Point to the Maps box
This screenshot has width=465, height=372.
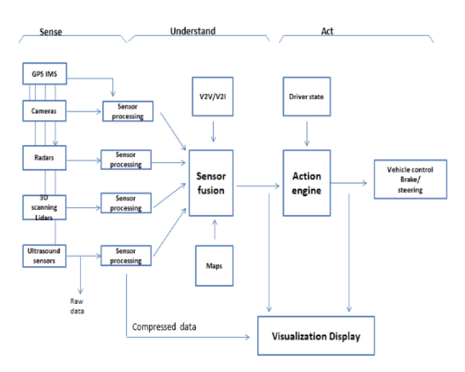click(x=214, y=265)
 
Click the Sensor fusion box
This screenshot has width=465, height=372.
click(x=211, y=183)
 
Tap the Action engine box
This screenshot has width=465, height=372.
click(x=306, y=183)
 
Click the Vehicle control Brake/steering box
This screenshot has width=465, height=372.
click(x=410, y=179)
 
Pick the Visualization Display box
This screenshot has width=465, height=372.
click(x=317, y=336)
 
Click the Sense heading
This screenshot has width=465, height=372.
click(x=50, y=32)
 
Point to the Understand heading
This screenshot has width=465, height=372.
click(x=193, y=31)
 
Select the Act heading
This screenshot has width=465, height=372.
click(x=327, y=31)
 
